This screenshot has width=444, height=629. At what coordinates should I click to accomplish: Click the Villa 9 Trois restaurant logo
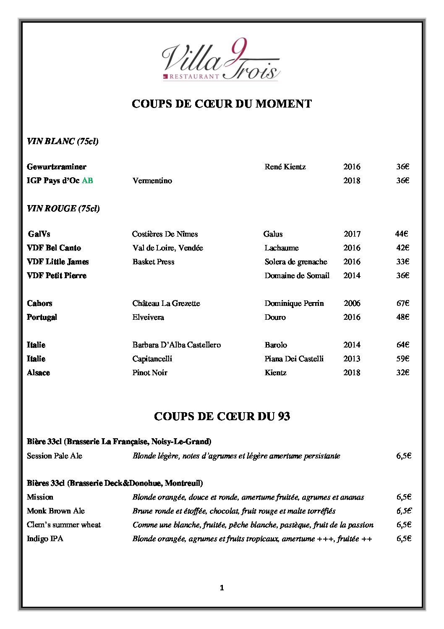click(x=221, y=60)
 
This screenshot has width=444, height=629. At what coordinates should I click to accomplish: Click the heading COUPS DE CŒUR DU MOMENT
click(x=222, y=104)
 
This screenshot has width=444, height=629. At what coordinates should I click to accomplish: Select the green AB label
click(x=87, y=181)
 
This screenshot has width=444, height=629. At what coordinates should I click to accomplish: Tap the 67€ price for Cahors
click(x=402, y=303)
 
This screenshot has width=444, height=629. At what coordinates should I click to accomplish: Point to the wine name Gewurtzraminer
click(x=57, y=167)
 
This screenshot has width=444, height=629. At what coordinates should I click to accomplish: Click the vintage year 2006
click(x=352, y=303)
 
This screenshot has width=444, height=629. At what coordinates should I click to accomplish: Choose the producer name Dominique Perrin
click(x=294, y=303)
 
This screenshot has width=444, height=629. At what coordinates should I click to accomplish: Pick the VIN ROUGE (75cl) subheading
click(x=63, y=208)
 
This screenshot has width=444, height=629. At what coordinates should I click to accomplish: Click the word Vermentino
click(x=152, y=181)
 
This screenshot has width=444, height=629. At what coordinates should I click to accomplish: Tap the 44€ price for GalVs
click(x=401, y=234)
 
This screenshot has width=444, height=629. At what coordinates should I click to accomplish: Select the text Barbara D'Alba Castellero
click(x=176, y=345)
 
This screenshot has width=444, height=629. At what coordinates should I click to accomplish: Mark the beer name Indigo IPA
click(x=45, y=539)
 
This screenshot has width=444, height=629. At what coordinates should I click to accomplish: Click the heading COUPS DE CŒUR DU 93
click(x=222, y=416)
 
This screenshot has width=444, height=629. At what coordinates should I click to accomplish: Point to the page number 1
click(x=222, y=588)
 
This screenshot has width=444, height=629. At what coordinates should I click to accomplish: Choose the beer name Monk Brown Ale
click(x=56, y=511)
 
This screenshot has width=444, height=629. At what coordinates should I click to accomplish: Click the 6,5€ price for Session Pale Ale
click(x=403, y=456)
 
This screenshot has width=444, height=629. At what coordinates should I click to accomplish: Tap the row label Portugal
click(x=42, y=317)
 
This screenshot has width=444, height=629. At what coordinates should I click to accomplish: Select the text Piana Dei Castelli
click(x=294, y=359)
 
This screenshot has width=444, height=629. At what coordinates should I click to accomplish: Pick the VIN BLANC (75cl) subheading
click(x=63, y=141)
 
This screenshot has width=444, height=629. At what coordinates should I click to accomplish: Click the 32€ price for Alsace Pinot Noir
click(x=402, y=373)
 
